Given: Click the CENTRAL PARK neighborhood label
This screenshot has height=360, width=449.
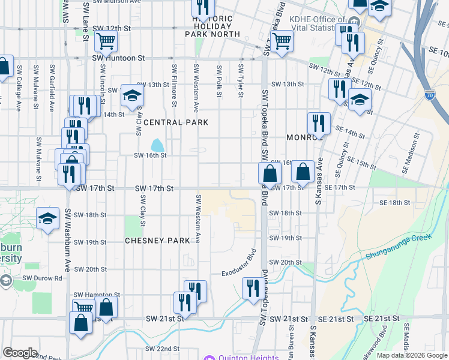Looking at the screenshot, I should tap(175, 122).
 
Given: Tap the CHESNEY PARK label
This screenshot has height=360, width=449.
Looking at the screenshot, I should tap(157, 241).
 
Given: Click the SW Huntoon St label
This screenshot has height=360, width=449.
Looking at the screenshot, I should tap(119, 58).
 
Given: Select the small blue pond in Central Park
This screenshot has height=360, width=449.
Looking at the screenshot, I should tap(157, 145).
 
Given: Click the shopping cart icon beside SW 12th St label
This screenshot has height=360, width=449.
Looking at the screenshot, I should tap(106, 41).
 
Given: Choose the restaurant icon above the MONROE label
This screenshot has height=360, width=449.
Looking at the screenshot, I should tap(319, 123).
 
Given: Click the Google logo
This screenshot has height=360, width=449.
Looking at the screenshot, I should tap(20, 353).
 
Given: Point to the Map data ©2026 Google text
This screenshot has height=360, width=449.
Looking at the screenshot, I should tap(412, 355).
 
